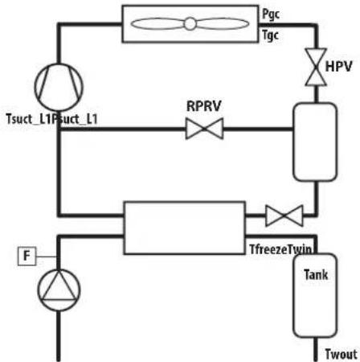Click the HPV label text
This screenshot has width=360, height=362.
(x=338, y=66)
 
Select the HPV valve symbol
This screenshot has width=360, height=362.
(x=316, y=67)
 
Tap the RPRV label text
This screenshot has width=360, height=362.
(x=204, y=106)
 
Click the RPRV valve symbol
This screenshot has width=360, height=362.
(x=204, y=129)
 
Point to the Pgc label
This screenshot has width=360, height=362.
(x=271, y=14)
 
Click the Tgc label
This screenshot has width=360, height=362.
(x=270, y=35)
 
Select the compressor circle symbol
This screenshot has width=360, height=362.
(x=59, y=87)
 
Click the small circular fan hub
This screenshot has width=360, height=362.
(x=190, y=24)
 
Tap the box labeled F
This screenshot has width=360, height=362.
(x=27, y=257)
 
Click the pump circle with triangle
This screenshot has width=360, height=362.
(x=59, y=290)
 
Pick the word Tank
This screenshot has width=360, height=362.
(x=316, y=274)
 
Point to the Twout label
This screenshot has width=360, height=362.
(x=341, y=354)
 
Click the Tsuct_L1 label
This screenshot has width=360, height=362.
(x=30, y=119)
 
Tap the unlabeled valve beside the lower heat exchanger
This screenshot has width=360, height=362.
(x=284, y=216)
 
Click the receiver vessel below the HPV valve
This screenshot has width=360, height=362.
(x=315, y=142)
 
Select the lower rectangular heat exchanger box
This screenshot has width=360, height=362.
(x=185, y=228)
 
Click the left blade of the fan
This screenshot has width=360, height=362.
(x=157, y=24)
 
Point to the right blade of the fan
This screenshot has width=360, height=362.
(x=223, y=24)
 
